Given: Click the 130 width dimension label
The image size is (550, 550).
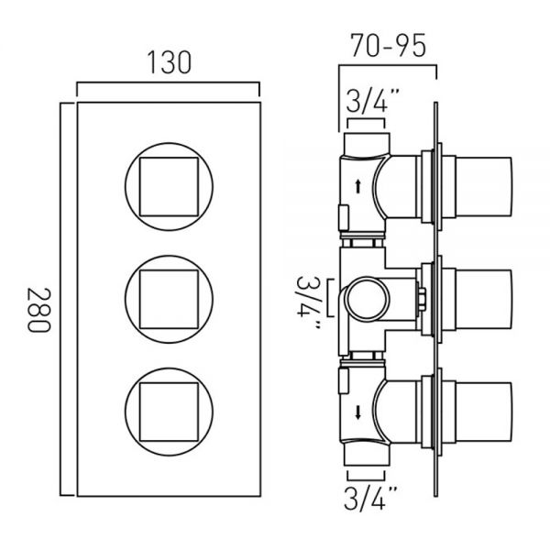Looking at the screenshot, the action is (169, 62).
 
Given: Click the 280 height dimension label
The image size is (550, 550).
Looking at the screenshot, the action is (39, 310).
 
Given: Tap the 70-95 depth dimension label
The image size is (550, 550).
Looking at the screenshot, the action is (389, 46).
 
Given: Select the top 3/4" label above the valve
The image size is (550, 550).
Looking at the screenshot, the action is (372, 100).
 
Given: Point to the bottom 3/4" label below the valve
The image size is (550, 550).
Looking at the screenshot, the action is (370, 498).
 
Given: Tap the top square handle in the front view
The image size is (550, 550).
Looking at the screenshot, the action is (169, 187).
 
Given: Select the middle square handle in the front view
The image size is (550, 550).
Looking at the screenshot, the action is (169, 299).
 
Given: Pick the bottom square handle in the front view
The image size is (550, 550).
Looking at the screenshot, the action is (169, 412).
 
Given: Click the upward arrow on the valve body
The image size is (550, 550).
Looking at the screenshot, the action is (357, 186).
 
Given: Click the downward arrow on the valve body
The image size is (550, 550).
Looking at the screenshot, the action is (357, 412).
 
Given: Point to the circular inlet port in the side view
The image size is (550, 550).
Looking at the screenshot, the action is (367, 298).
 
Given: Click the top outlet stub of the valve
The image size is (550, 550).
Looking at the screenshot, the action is (367, 144).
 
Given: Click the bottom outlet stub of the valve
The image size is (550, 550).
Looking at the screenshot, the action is (367, 454).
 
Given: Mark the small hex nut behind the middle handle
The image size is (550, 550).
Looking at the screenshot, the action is (422, 299).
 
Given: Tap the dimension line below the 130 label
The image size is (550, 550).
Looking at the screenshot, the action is (168, 83).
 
